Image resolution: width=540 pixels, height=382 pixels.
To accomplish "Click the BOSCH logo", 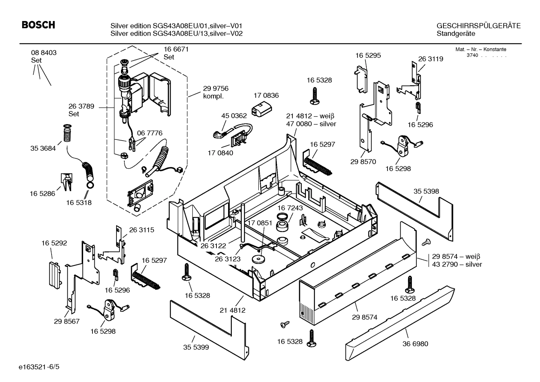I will coord(38,25).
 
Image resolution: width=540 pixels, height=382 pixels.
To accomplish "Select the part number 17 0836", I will coord(266,96).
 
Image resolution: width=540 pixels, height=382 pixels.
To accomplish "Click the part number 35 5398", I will coord(426,191).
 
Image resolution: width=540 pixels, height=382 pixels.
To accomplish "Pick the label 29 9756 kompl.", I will coord(215,92).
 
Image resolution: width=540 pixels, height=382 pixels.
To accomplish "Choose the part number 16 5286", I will coord(42,193).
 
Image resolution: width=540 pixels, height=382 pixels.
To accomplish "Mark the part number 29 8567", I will coord(67,321).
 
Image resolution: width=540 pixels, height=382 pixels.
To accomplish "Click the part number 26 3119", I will coord(430,59).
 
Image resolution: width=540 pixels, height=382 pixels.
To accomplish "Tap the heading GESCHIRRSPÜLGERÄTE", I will coord(478,26).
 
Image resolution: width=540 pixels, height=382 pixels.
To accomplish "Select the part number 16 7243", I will coord(290,208).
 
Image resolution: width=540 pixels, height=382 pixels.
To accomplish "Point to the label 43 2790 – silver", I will coord(457,264).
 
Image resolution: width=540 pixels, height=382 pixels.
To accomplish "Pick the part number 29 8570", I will coord(363,162).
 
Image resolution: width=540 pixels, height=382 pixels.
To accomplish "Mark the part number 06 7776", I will coord(149,133).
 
